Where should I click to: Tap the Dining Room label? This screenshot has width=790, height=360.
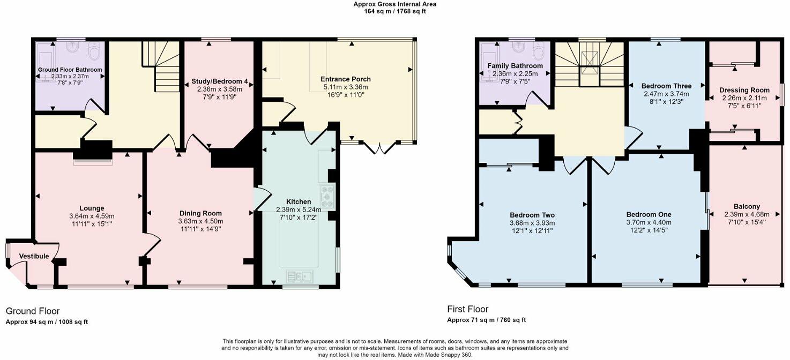click(200, 213)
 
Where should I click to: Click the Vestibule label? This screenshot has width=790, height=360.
click(34, 256)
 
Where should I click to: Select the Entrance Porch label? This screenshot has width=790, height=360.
click(347, 79)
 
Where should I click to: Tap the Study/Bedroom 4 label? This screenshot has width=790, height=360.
click(220, 81)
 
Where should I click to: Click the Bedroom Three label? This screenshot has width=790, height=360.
click(666, 86)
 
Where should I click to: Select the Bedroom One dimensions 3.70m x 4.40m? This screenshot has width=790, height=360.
click(649, 222)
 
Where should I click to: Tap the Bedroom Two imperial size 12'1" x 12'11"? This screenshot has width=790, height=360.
click(532, 230)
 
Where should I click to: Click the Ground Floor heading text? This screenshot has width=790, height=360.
click(33, 311)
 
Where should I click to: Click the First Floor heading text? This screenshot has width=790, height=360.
click(467, 309)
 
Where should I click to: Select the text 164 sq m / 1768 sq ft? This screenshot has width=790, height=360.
click(394, 11)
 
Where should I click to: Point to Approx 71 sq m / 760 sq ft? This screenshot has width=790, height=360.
click(486, 320)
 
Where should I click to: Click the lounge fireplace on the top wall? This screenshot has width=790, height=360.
click(93, 156)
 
